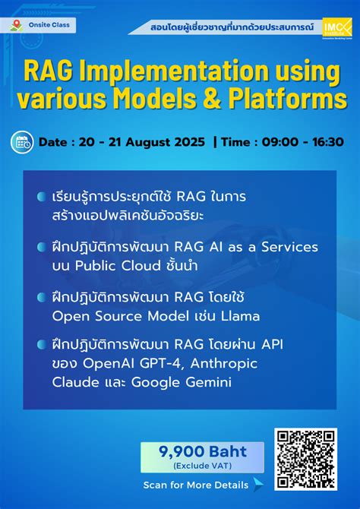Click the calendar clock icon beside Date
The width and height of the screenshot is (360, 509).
22,141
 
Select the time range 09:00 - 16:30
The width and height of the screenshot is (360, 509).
302,142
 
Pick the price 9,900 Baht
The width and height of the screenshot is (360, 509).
202,451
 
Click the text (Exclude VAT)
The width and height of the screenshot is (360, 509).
202,465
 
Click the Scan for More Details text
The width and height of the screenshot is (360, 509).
195,485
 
